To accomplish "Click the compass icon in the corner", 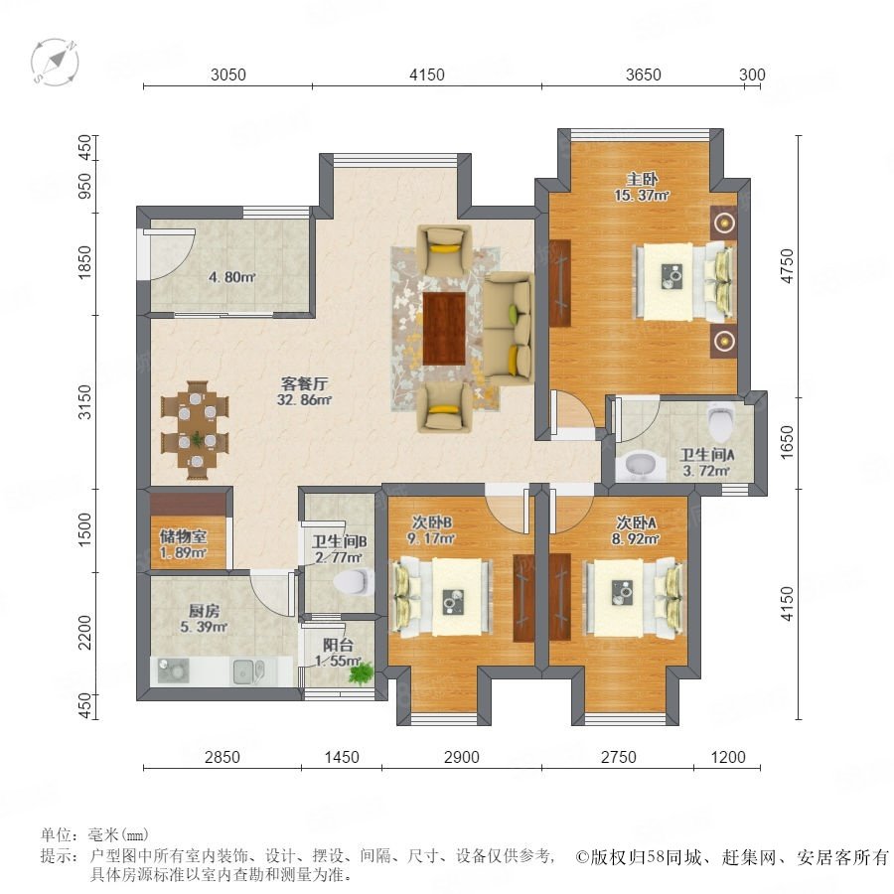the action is pyautogui.click(x=55, y=62).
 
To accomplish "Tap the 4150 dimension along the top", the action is pyautogui.click(x=426, y=74).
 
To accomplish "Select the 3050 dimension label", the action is pyautogui.click(x=228, y=74).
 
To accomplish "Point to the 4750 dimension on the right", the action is pyautogui.click(x=787, y=265).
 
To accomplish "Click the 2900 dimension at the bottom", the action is pyautogui.click(x=461, y=757).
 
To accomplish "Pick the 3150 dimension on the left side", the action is pyautogui.click(x=84, y=402).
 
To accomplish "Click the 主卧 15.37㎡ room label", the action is pyautogui.click(x=642, y=187).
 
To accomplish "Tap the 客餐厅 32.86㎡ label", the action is pyautogui.click(x=305, y=391).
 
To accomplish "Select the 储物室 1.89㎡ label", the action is pyautogui.click(x=183, y=544).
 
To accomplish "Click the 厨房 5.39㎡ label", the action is pyautogui.click(x=204, y=619).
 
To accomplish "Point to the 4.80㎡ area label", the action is pyautogui.click(x=231, y=278).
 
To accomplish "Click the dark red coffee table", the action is pyautogui.click(x=445, y=328).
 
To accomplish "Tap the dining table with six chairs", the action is pyautogui.click(x=195, y=430).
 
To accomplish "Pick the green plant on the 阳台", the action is pyautogui.click(x=362, y=672).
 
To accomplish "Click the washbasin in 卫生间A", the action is pyautogui.click(x=642, y=466).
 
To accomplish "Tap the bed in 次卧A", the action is pyautogui.click(x=634, y=598).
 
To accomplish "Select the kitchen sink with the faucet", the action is pyautogui.click(x=249, y=671).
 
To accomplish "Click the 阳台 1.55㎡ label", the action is pyautogui.click(x=338, y=653).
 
